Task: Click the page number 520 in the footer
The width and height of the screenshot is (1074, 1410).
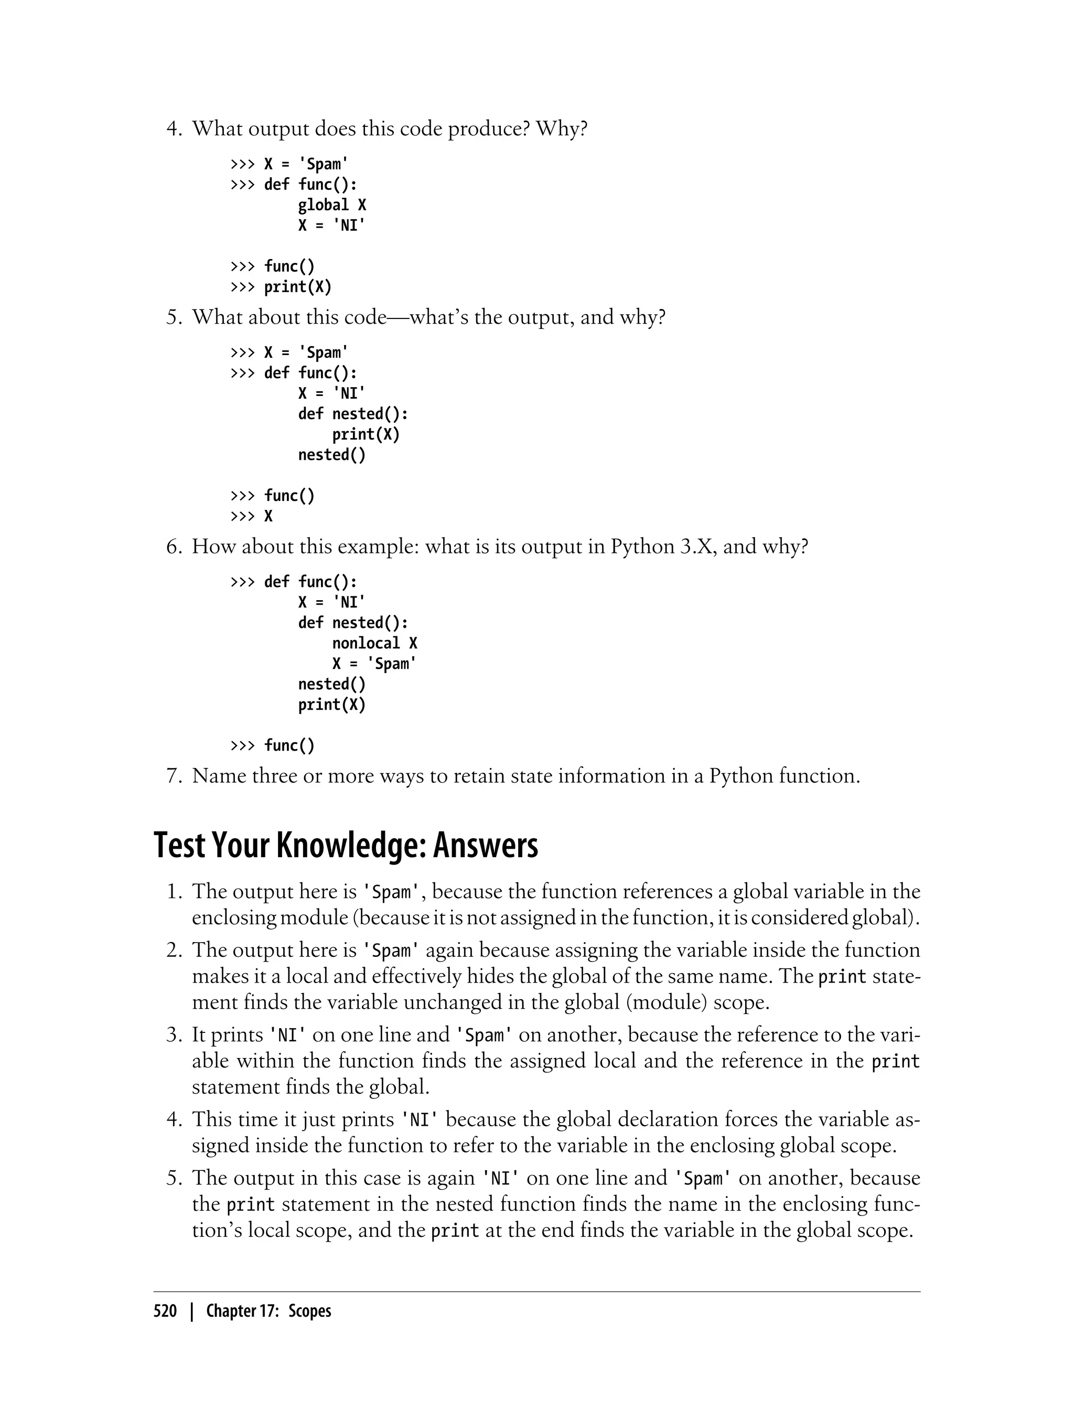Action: (x=165, y=1311)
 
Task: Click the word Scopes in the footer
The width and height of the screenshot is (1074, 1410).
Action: (x=309, y=1311)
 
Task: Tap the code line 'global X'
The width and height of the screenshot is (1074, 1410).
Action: (x=332, y=205)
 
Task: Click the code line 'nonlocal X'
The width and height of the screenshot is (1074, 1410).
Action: (x=374, y=643)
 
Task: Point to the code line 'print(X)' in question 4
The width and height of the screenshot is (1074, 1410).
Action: (x=298, y=287)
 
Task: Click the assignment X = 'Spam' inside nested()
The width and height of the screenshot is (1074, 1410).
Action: (x=374, y=664)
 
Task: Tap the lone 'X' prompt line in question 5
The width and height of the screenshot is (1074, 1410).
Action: (x=268, y=517)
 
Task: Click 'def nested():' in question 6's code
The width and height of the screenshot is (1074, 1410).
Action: (x=353, y=623)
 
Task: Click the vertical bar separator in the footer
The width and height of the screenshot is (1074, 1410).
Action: (x=191, y=1311)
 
